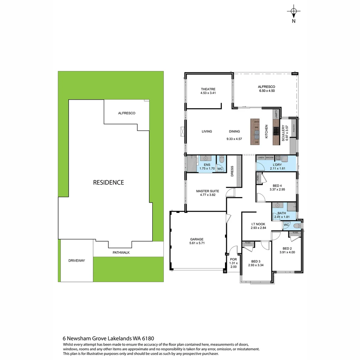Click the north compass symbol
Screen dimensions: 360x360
coord(293,12)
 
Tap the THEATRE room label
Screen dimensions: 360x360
coord(208,89)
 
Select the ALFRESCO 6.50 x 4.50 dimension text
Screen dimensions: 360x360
coord(267,91)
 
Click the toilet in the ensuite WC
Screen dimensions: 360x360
coord(222,160)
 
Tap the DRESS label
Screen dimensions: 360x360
coord(232,171)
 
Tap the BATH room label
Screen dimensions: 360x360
coord(282,213)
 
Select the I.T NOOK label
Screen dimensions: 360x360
coord(258,224)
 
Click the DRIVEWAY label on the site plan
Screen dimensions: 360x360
coord(76,260)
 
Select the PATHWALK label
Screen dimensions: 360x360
coord(121,252)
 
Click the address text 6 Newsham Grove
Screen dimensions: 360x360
coord(87,338)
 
